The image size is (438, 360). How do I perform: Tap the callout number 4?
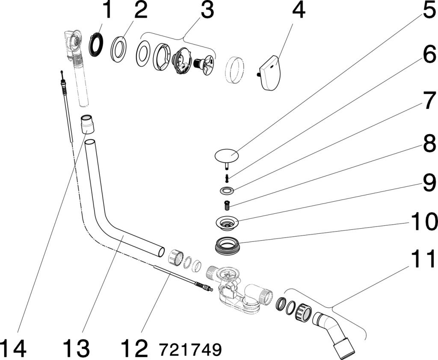click(298, 10)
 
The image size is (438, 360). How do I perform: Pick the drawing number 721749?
click(190, 349)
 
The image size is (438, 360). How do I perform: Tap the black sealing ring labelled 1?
click(96, 45)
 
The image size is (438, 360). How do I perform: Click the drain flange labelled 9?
click(227, 222)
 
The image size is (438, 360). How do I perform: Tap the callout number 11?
click(423, 259)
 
